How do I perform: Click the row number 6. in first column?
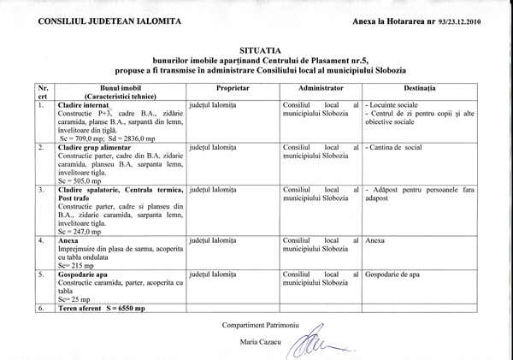pyautogui.click(x=40, y=308)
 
